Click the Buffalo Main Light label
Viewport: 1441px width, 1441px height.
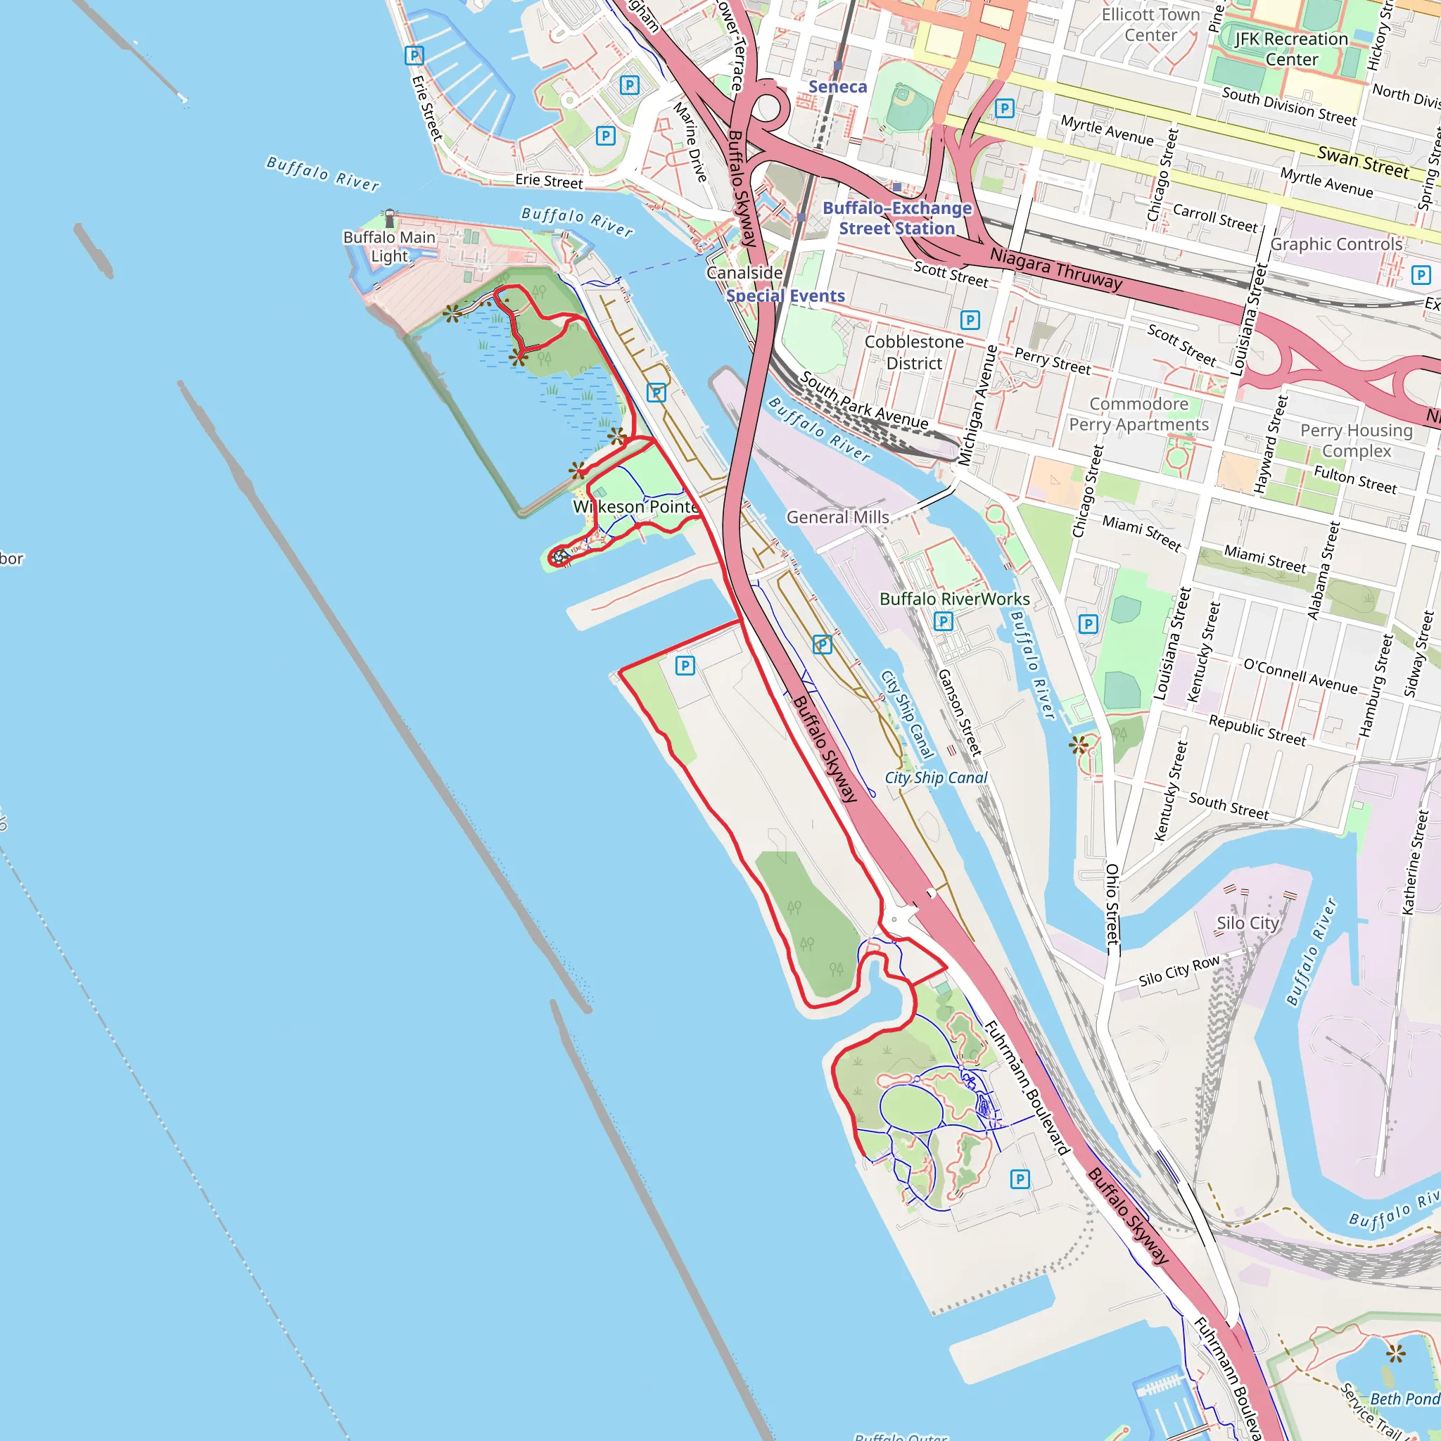click(388, 247)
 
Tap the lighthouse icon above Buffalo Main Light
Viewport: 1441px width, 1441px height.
click(389, 219)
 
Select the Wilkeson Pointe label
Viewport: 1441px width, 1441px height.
click(636, 507)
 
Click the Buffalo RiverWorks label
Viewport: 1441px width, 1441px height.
click(954, 599)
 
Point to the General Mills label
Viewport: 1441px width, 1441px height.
click(837, 518)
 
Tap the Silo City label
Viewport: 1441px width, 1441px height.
click(1248, 923)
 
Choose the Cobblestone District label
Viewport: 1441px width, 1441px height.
click(914, 353)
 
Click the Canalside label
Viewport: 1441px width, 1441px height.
click(744, 273)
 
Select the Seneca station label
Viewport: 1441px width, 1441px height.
click(837, 87)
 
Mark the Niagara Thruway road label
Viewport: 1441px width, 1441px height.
click(1055, 269)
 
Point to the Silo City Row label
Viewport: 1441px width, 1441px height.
click(1179, 970)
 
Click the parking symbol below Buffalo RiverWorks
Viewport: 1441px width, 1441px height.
click(943, 621)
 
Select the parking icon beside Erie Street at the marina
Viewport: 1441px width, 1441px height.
click(414, 55)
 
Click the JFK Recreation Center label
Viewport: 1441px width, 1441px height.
click(1291, 49)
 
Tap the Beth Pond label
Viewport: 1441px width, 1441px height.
click(1404, 1399)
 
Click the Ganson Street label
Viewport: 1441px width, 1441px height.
click(959, 712)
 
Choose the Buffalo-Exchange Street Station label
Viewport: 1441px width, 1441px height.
click(896, 219)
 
